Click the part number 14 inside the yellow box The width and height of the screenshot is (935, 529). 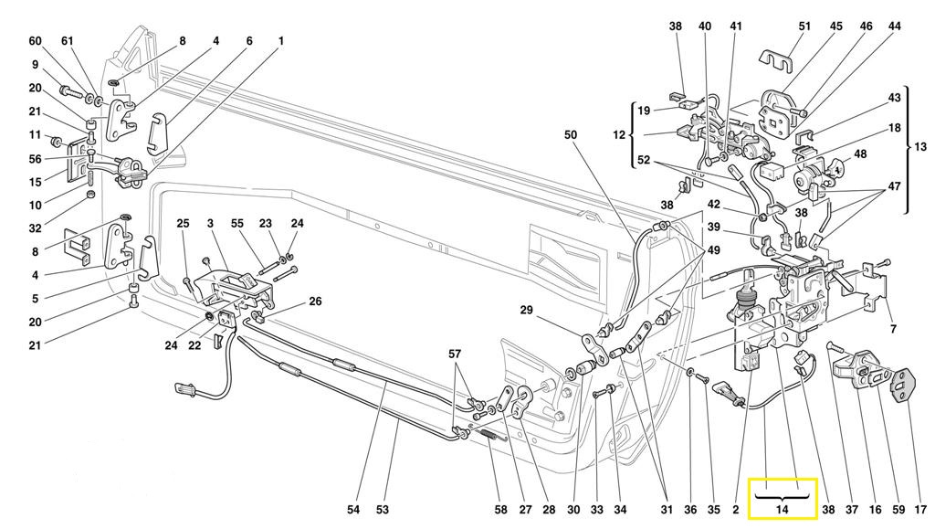(782, 509)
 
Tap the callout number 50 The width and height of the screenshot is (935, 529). (571, 135)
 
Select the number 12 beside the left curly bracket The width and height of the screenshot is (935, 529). (619, 135)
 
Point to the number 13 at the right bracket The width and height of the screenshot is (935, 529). (920, 147)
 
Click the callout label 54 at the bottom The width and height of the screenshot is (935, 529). (353, 509)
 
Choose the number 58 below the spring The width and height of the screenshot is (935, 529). (501, 509)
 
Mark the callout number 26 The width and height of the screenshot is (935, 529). (315, 302)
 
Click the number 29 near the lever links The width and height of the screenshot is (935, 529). (526, 310)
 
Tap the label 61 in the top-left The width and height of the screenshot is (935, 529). (68, 41)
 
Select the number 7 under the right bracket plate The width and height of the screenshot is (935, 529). (893, 329)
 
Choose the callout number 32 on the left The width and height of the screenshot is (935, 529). (36, 227)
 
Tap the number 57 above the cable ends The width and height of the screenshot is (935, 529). (455, 354)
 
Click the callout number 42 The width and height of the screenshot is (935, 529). (714, 204)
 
